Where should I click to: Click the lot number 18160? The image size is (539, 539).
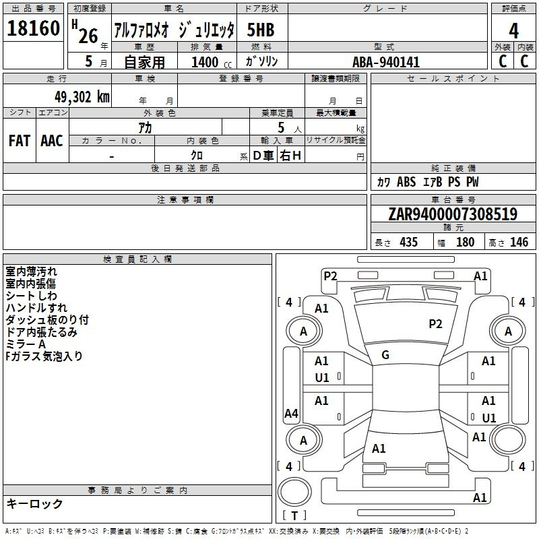[x=33, y=29]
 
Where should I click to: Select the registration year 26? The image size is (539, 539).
[x=88, y=36]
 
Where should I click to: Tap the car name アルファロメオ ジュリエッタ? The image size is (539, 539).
[x=174, y=30]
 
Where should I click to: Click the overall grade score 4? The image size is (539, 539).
[x=514, y=30]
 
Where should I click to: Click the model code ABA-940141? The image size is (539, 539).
[x=386, y=62]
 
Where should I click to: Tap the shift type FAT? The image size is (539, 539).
[x=19, y=141]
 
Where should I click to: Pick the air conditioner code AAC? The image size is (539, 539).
[x=52, y=141]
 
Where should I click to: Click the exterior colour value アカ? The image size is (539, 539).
[x=144, y=127]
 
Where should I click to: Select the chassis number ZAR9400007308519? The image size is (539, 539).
[x=453, y=214]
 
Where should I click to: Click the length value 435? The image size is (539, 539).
[x=408, y=243]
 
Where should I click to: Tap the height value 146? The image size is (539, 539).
[x=519, y=243]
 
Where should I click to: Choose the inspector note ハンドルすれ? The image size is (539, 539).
[x=36, y=308]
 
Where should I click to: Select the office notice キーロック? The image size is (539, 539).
[x=34, y=503]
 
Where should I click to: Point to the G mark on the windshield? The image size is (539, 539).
[x=385, y=355]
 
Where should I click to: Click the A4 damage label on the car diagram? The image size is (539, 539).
[x=291, y=414]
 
